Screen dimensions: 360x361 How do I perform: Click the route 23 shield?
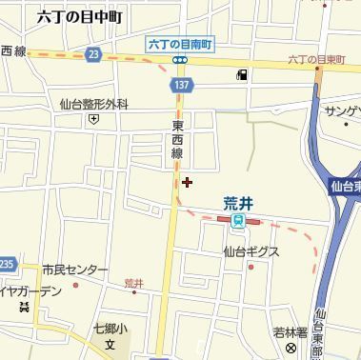91,56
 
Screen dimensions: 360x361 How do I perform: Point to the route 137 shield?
179,85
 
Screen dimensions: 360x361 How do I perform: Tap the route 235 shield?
7,263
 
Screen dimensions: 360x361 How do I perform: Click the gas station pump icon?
243,75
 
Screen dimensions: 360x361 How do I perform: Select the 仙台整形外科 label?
93,105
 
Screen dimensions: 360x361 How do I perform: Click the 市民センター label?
75,270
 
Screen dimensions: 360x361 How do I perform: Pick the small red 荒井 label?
133,283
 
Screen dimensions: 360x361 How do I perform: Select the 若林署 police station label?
290,331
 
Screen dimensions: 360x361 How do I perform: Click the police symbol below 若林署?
291,348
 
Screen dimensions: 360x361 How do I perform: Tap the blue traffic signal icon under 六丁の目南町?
179,59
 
